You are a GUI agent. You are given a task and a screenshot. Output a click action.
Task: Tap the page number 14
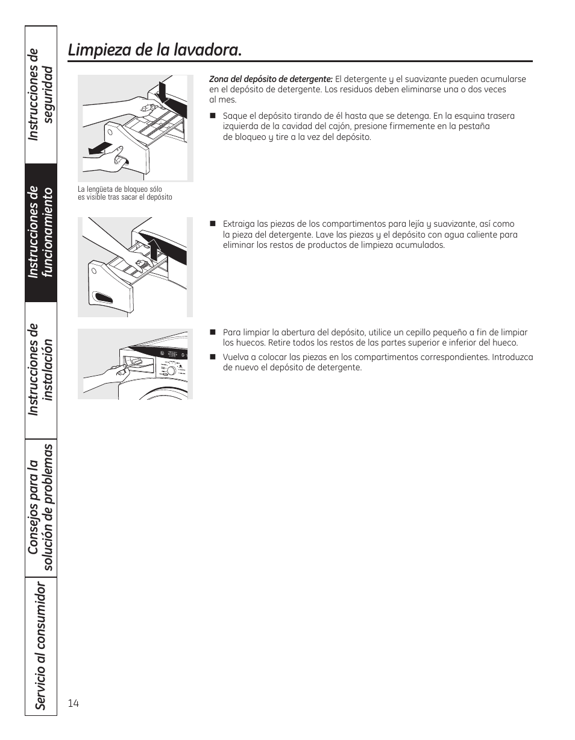(x=74, y=703)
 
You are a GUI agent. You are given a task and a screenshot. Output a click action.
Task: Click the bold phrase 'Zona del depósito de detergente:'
(x=271, y=79)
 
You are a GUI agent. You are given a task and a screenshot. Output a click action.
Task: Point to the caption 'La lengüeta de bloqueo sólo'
(x=120, y=189)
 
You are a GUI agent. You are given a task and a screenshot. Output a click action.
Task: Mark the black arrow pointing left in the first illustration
(x=96, y=148)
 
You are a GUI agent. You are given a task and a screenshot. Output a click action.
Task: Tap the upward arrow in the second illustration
(x=154, y=248)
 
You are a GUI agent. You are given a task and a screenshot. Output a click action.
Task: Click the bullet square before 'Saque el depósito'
(x=213, y=116)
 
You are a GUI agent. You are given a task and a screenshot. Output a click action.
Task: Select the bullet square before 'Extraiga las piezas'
(x=213, y=224)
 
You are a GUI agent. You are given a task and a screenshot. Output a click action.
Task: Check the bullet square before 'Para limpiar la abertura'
(x=213, y=332)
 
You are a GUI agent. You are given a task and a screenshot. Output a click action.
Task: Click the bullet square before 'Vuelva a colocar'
(x=213, y=357)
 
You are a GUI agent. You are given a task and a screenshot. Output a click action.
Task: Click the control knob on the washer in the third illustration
(x=171, y=370)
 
